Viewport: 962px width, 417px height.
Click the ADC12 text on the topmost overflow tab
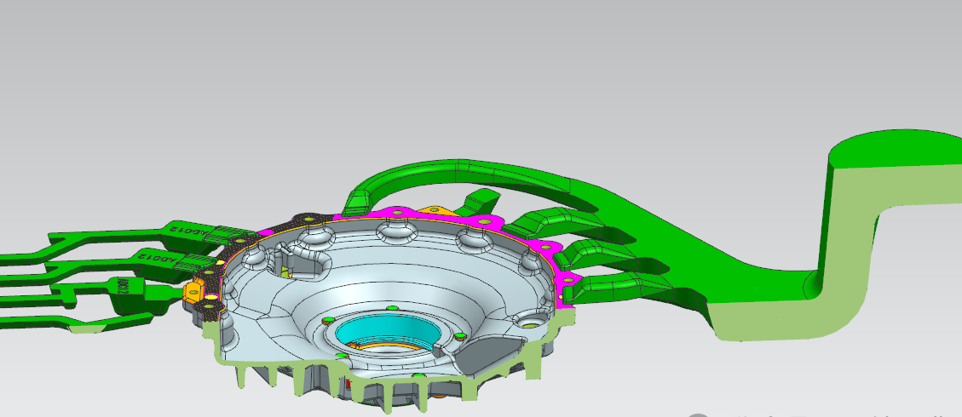click(188, 230)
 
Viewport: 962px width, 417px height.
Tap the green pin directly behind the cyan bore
click(391, 307)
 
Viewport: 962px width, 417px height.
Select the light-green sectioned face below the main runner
click(767, 315)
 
